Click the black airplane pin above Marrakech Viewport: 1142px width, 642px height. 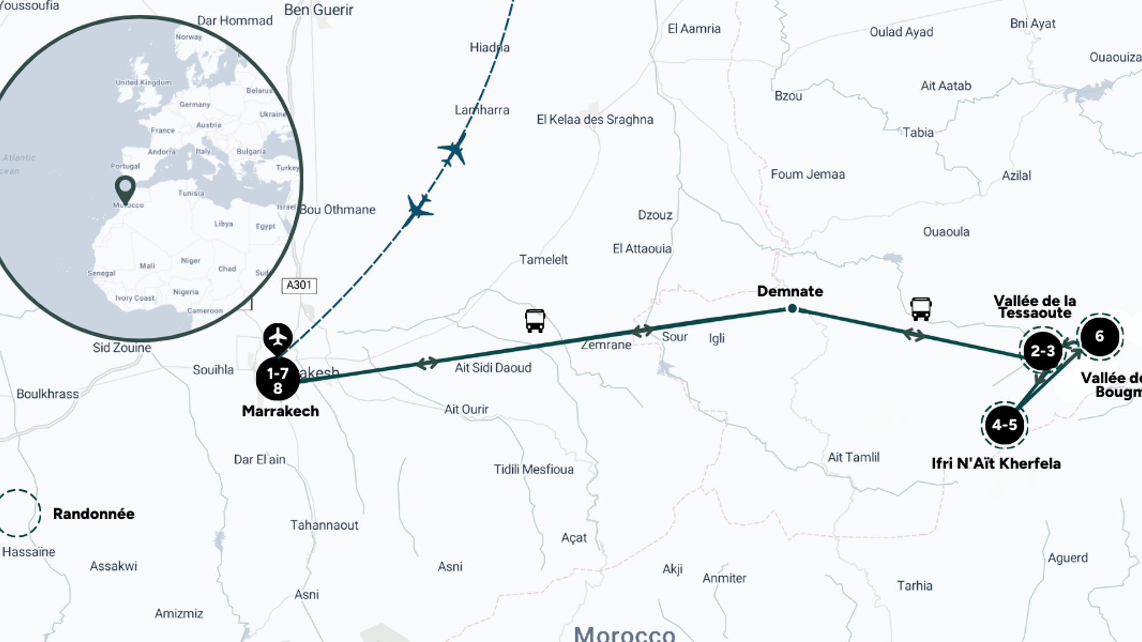click(278, 337)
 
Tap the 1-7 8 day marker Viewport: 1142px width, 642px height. click(278, 379)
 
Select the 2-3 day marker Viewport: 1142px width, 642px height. click(1043, 351)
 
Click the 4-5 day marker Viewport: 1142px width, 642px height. click(1004, 425)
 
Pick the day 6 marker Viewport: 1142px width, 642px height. click(1100, 336)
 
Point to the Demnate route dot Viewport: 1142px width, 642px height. click(792, 309)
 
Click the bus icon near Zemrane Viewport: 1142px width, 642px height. click(535, 321)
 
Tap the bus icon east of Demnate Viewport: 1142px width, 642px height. click(920, 309)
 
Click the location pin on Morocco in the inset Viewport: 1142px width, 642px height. click(125, 188)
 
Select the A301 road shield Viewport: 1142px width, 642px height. click(299, 285)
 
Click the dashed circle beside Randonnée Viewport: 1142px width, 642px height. click(18, 513)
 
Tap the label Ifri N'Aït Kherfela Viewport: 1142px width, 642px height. click(996, 463)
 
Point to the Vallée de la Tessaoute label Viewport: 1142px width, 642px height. click(1035, 306)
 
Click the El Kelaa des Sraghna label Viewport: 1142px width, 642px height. click(595, 119)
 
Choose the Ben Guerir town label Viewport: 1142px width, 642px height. click(319, 10)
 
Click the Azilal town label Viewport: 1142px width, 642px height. click(1016, 176)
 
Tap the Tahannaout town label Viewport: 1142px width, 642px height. click(324, 525)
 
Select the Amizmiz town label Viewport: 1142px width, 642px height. click(179, 613)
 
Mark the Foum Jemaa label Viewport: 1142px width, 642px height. click(807, 174)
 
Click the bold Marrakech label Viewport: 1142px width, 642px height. click(280, 411)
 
